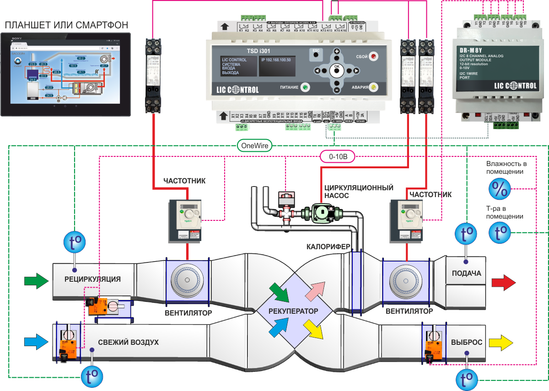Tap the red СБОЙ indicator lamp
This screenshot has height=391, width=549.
tap(373, 57)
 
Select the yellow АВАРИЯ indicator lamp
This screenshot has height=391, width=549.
tap(373, 87)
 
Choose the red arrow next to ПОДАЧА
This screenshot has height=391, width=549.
tap(503, 283)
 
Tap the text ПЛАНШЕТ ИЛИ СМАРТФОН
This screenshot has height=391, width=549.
tap(65, 24)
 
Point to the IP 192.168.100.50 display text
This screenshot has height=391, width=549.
tap(276, 60)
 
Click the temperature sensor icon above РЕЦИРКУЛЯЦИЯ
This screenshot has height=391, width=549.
tap(74, 243)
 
